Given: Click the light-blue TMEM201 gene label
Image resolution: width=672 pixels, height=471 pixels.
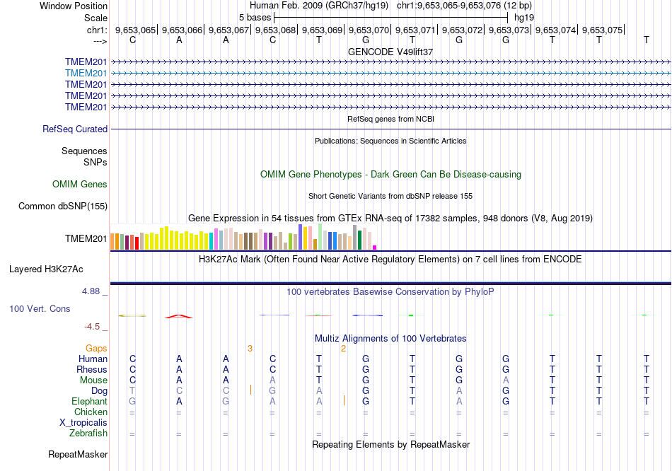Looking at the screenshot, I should point(86,73).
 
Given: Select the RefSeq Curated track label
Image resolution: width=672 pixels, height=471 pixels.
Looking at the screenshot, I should point(75,129).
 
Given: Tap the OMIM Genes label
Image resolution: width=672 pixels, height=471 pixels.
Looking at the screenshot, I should point(80,185).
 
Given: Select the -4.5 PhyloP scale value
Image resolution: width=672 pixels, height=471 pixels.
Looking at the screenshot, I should point(95,327).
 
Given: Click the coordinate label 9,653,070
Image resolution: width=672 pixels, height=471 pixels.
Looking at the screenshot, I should point(369,30).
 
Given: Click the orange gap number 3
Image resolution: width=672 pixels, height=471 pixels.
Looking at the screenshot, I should point(250,349).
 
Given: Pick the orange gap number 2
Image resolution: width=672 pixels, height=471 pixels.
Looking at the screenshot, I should point(343,349).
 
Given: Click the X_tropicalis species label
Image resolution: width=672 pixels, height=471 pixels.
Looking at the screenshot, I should point(83,423).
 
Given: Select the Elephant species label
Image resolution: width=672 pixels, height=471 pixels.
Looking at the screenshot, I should point(89,402).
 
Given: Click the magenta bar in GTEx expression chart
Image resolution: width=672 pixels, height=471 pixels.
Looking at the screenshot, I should point(375,247).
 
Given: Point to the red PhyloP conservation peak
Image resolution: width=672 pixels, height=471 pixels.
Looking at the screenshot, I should point(179,316).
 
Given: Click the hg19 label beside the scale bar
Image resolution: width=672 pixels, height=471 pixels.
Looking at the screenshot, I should point(524,16).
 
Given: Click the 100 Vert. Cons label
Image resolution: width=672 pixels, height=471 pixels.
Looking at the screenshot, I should point(40,309).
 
